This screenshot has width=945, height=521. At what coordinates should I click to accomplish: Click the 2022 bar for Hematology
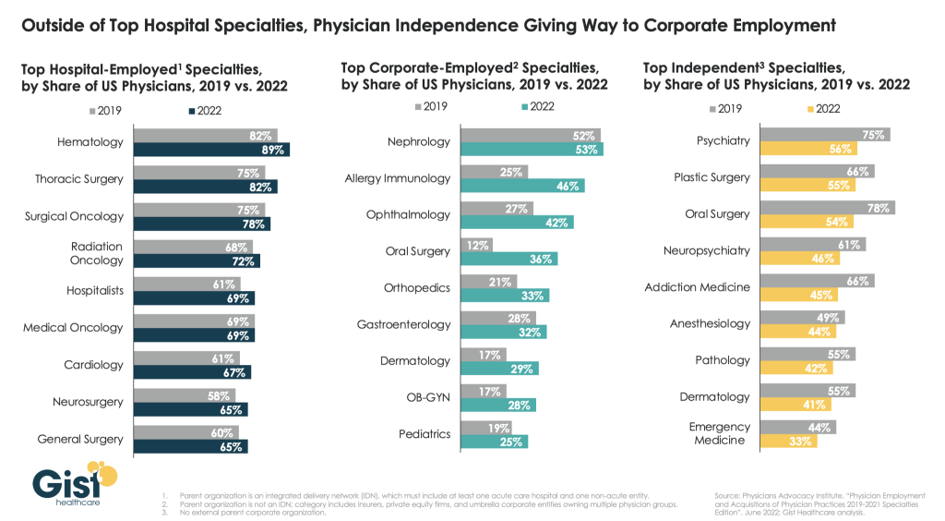211,150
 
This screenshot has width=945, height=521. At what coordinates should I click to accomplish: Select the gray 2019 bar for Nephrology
530,135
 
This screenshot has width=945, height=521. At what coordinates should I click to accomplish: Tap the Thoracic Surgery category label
79,179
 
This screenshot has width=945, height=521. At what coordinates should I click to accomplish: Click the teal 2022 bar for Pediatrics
494,442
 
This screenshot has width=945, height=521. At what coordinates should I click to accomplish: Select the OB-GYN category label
428,398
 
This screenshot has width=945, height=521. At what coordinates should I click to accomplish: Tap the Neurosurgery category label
85,402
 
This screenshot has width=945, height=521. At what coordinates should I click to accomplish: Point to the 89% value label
273,150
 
